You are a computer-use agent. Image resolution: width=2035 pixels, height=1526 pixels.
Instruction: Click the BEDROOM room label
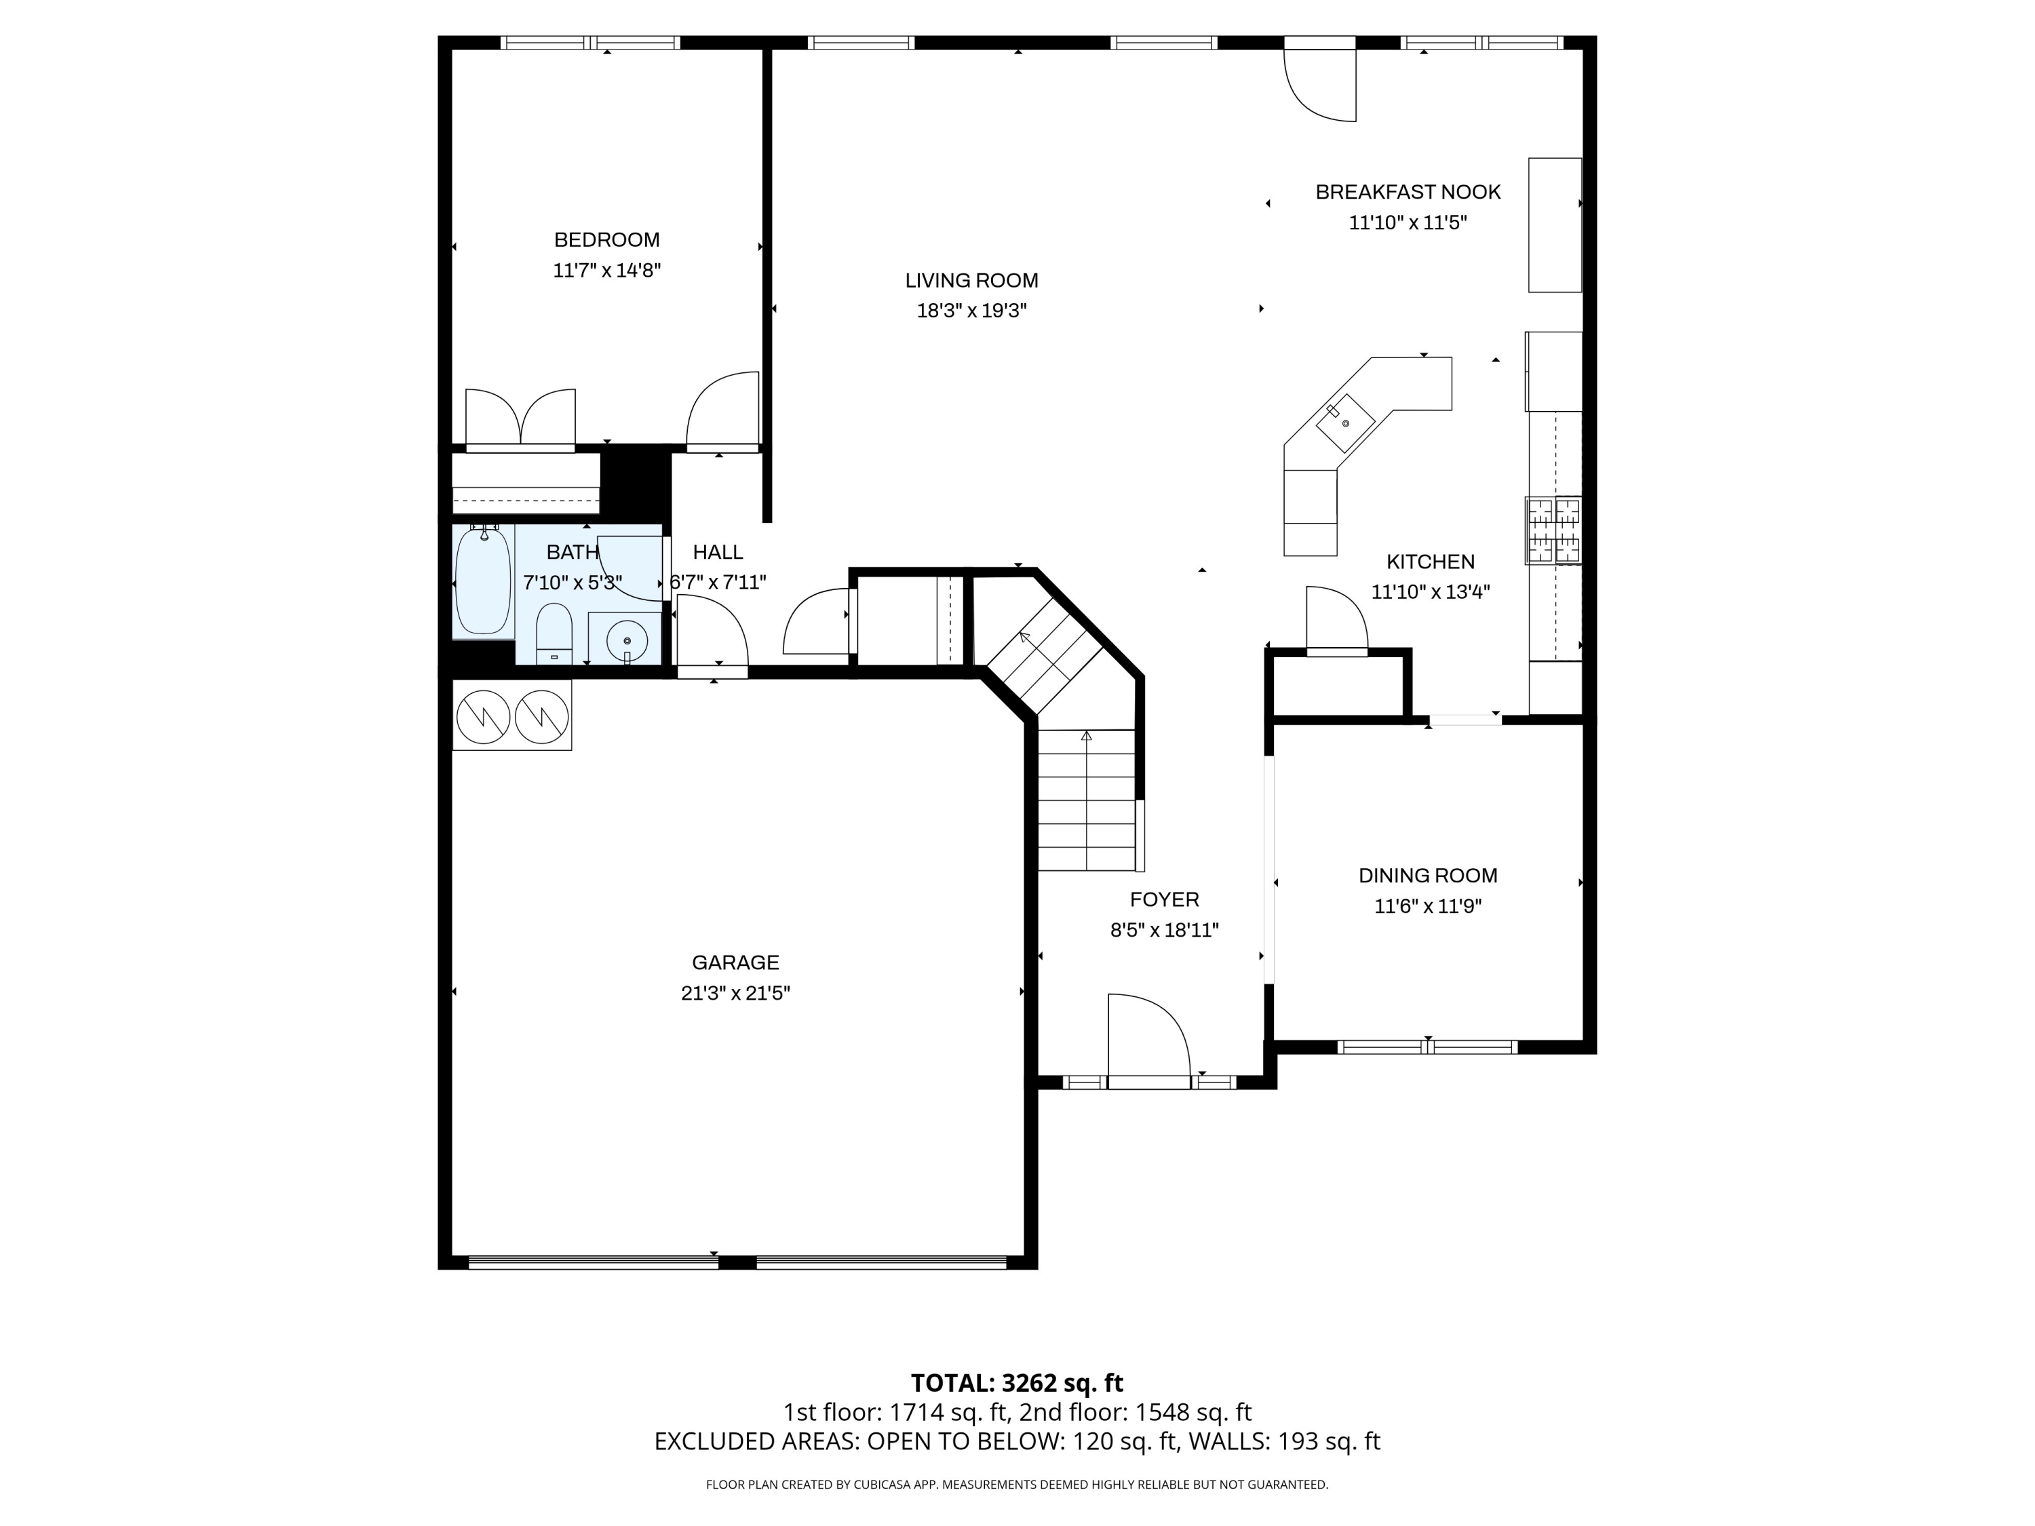(606, 240)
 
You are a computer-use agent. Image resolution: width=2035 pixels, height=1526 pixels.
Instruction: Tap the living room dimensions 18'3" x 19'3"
(971, 311)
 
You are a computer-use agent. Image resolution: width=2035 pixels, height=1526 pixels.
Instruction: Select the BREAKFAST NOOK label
(1408, 192)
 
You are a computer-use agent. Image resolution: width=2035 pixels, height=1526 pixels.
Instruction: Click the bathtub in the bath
(483, 581)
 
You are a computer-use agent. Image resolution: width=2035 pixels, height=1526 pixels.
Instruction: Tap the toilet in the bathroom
(554, 633)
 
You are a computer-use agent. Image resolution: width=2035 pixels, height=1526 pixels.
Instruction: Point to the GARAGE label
(735, 963)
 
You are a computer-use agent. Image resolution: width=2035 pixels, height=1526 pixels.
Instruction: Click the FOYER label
(1164, 899)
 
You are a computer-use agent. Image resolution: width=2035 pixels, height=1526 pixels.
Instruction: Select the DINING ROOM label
(1428, 876)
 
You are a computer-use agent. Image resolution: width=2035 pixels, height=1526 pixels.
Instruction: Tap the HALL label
(718, 552)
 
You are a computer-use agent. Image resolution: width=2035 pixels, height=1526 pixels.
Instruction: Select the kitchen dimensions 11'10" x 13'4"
(1431, 591)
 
